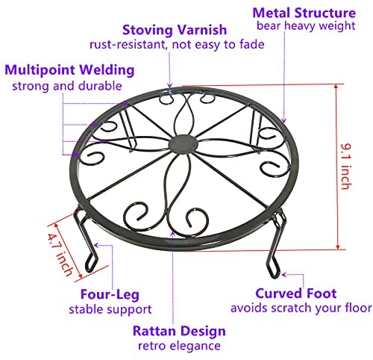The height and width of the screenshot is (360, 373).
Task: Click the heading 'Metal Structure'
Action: pyautogui.click(x=304, y=13)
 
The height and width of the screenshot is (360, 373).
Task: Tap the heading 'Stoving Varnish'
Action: pyautogui.click(x=175, y=30)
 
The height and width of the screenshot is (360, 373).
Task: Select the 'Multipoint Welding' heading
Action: pyautogui.click(x=69, y=70)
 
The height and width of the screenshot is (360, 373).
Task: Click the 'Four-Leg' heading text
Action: pyautogui.click(x=110, y=294)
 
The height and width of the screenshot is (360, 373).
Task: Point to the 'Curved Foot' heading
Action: pyautogui.click(x=296, y=294)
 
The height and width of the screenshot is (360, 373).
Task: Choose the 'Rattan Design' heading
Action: pyautogui.click(x=179, y=331)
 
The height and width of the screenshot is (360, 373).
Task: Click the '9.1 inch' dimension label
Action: pyautogui.click(x=347, y=167)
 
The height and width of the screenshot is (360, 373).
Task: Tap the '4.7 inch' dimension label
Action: pyautogui.click(x=60, y=255)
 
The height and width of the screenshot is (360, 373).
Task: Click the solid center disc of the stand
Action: pyautogui.click(x=184, y=144)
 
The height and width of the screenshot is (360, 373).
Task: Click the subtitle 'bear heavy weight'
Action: pyautogui.click(x=306, y=26)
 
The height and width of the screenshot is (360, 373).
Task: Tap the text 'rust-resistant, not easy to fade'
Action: pyautogui.click(x=177, y=45)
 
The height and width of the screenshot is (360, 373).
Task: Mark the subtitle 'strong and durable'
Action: pyautogui.click(x=67, y=86)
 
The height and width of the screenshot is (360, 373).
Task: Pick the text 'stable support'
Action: pyautogui.click(x=110, y=309)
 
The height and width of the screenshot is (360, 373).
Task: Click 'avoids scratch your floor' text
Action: pyautogui.click(x=301, y=308)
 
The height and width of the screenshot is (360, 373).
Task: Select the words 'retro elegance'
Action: pyautogui.click(x=179, y=346)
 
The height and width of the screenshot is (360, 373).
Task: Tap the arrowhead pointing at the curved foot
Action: pyautogui.click(x=284, y=275)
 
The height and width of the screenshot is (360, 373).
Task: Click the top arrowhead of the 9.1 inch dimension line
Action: pyautogui.click(x=336, y=87)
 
